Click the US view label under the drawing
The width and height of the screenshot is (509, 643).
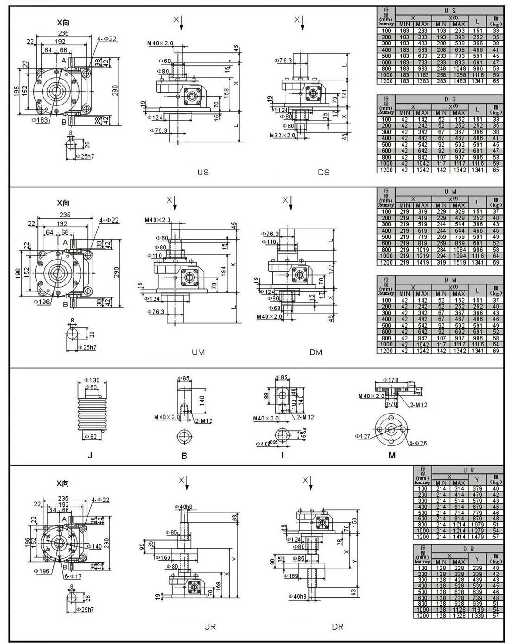pos(203,173)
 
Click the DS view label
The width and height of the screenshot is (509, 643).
pos(323,173)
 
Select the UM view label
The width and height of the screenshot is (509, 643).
pos(198,352)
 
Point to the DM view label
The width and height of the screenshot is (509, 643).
pos(316,352)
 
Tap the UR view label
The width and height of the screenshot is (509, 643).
pos(210,627)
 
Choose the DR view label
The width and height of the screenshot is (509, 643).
pos(337,627)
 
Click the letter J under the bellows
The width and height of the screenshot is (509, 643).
pos(90,456)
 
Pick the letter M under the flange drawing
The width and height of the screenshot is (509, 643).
pos(392,456)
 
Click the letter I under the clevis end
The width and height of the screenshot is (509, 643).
pos(282,456)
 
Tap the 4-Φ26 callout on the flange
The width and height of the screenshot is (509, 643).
pos(418,443)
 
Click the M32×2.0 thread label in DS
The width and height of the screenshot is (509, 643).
pos(283,136)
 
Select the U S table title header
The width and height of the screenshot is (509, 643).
pos(450,10)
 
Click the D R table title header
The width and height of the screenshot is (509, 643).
pos(468,549)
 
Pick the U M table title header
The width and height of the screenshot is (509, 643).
pos(450,191)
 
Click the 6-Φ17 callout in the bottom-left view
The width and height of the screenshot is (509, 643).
pos(73,576)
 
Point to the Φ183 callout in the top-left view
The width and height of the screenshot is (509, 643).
pos(40,120)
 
